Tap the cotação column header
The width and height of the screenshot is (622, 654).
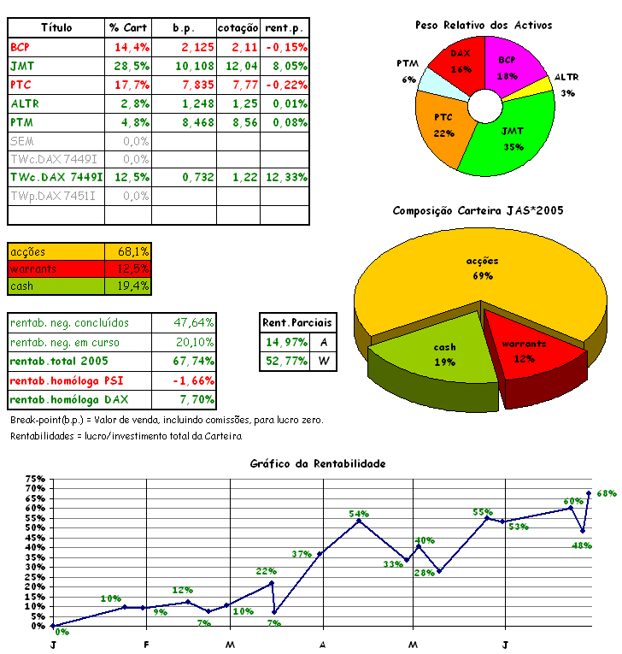click(x=238, y=28)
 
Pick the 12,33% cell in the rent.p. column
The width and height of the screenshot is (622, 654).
click(x=285, y=177)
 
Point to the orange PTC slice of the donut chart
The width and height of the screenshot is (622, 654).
click(x=443, y=127)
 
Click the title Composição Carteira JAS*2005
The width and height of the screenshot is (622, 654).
click(x=478, y=210)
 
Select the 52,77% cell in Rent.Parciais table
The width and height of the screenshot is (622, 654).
click(x=285, y=361)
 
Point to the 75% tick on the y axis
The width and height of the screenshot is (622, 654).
click(x=34, y=479)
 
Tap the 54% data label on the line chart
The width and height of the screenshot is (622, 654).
click(x=359, y=513)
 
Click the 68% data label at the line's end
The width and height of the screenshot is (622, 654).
click(x=607, y=493)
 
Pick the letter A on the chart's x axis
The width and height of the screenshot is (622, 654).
click(x=323, y=644)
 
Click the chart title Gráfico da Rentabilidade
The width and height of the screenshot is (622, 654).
click(x=318, y=463)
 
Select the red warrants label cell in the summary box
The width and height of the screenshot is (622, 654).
click(x=56, y=268)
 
